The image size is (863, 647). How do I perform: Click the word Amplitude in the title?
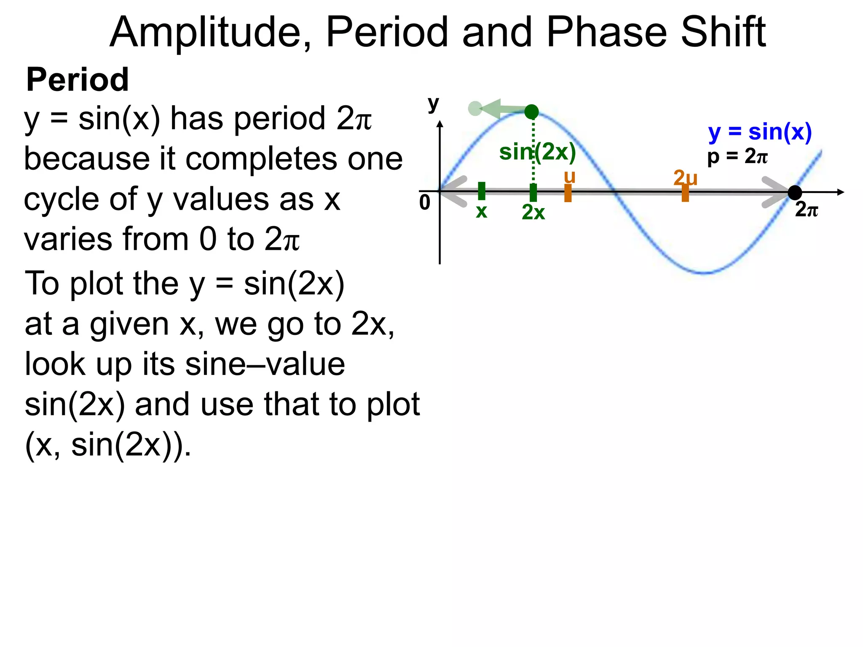tap(210, 32)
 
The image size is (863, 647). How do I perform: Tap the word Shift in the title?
tap(723, 32)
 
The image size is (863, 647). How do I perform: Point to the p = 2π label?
tap(737, 157)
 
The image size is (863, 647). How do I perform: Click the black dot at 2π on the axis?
tap(795, 192)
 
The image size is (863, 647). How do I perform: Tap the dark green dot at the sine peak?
tap(531, 112)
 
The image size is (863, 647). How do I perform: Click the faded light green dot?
tap(475, 109)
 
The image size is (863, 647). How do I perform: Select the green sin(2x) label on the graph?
tap(537, 152)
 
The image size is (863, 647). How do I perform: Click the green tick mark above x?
tap(482, 191)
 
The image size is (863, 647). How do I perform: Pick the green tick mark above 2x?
tap(533, 192)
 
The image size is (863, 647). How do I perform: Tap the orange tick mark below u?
tap(568, 193)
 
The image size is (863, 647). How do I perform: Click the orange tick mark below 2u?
tap(685, 193)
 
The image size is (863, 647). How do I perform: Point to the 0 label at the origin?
tap(424, 203)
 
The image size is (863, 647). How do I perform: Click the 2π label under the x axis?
tap(806, 209)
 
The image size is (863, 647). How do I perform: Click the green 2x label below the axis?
tap(533, 212)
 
